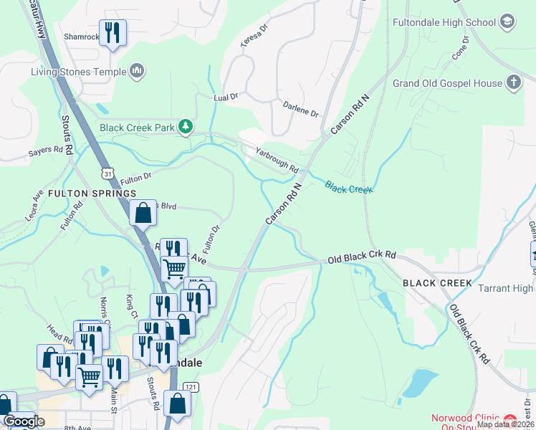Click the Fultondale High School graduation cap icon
tap(509, 21)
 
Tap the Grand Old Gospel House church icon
tap(514, 82)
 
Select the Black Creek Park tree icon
tap(186, 127)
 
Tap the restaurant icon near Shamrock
tap(113, 32)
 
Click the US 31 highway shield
tap(107, 174)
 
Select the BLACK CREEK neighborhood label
tap(437, 283)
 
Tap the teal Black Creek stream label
tap(349, 188)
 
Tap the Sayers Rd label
tap(47, 150)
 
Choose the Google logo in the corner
tap(24, 421)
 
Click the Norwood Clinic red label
tap(466, 419)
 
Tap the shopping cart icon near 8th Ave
tap(90, 376)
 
